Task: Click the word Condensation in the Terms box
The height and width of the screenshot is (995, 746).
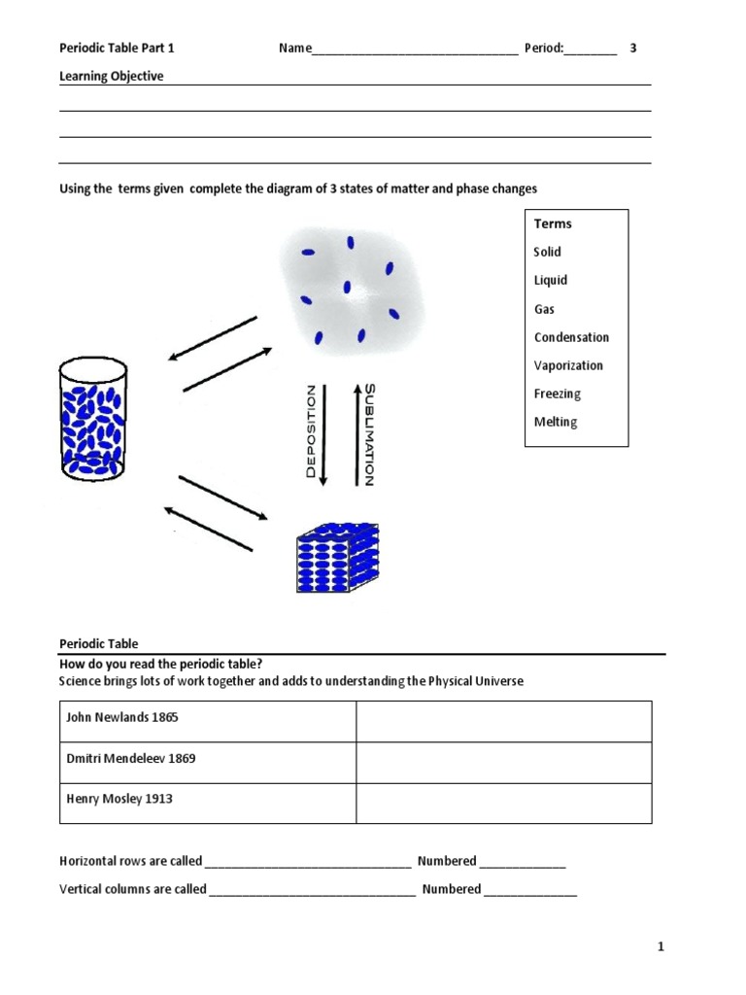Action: (571, 337)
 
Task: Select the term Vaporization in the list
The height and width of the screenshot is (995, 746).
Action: (568, 365)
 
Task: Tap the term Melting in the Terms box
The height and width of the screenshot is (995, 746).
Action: (555, 422)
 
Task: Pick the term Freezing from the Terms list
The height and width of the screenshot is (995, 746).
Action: (557, 394)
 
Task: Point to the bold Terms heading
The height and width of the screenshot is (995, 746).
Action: (553, 223)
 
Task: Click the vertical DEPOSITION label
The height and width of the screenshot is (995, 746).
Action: (311, 431)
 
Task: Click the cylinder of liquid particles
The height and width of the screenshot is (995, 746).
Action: (93, 419)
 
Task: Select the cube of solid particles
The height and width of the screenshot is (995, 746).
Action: (336, 558)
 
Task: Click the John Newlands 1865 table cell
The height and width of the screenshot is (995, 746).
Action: (208, 720)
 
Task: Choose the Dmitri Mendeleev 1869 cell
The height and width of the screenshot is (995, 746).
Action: (208, 762)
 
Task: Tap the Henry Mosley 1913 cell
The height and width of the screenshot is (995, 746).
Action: (208, 803)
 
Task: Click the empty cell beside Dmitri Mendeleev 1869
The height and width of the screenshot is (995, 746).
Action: (503, 762)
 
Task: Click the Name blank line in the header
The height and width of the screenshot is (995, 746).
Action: (415, 51)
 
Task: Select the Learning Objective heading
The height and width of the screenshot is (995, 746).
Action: (112, 77)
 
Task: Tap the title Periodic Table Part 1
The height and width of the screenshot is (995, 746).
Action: (118, 48)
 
